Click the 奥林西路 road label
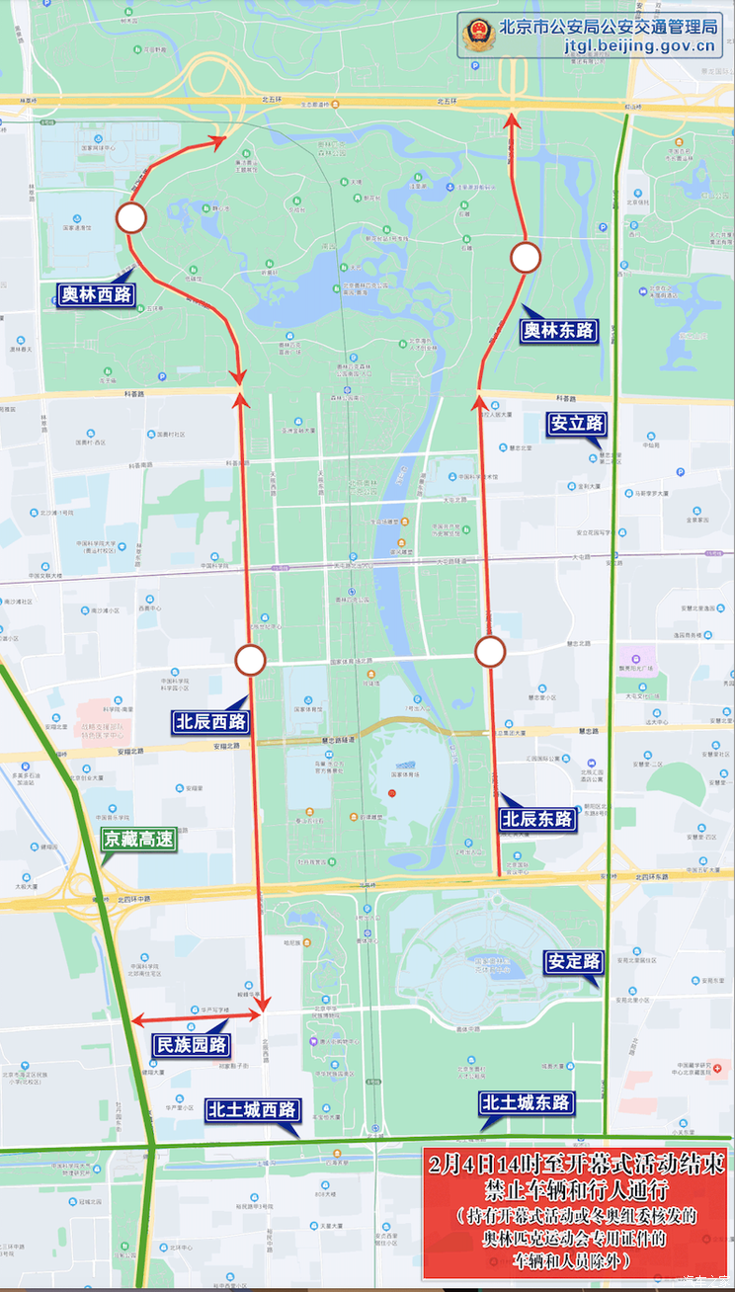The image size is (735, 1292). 96,294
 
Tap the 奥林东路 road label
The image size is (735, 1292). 560,331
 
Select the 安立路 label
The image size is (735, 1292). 577,424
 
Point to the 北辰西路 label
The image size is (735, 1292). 210,721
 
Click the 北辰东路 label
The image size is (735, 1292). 537,819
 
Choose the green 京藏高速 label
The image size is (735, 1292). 138,840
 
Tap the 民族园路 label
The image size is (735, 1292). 192,1045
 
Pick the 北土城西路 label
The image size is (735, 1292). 252,1109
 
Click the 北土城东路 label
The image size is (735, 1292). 528,1103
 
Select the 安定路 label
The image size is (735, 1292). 573,961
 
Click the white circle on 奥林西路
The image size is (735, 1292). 131,217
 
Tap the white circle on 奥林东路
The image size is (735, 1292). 526,258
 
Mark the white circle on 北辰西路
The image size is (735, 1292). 251,660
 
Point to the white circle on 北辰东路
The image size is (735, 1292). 490,651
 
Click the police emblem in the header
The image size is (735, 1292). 475,35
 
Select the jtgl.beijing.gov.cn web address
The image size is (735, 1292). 639,45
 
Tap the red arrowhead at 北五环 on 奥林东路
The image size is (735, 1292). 512,121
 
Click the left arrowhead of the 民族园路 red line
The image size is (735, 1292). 136,1020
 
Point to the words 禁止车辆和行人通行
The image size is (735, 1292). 578,1190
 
